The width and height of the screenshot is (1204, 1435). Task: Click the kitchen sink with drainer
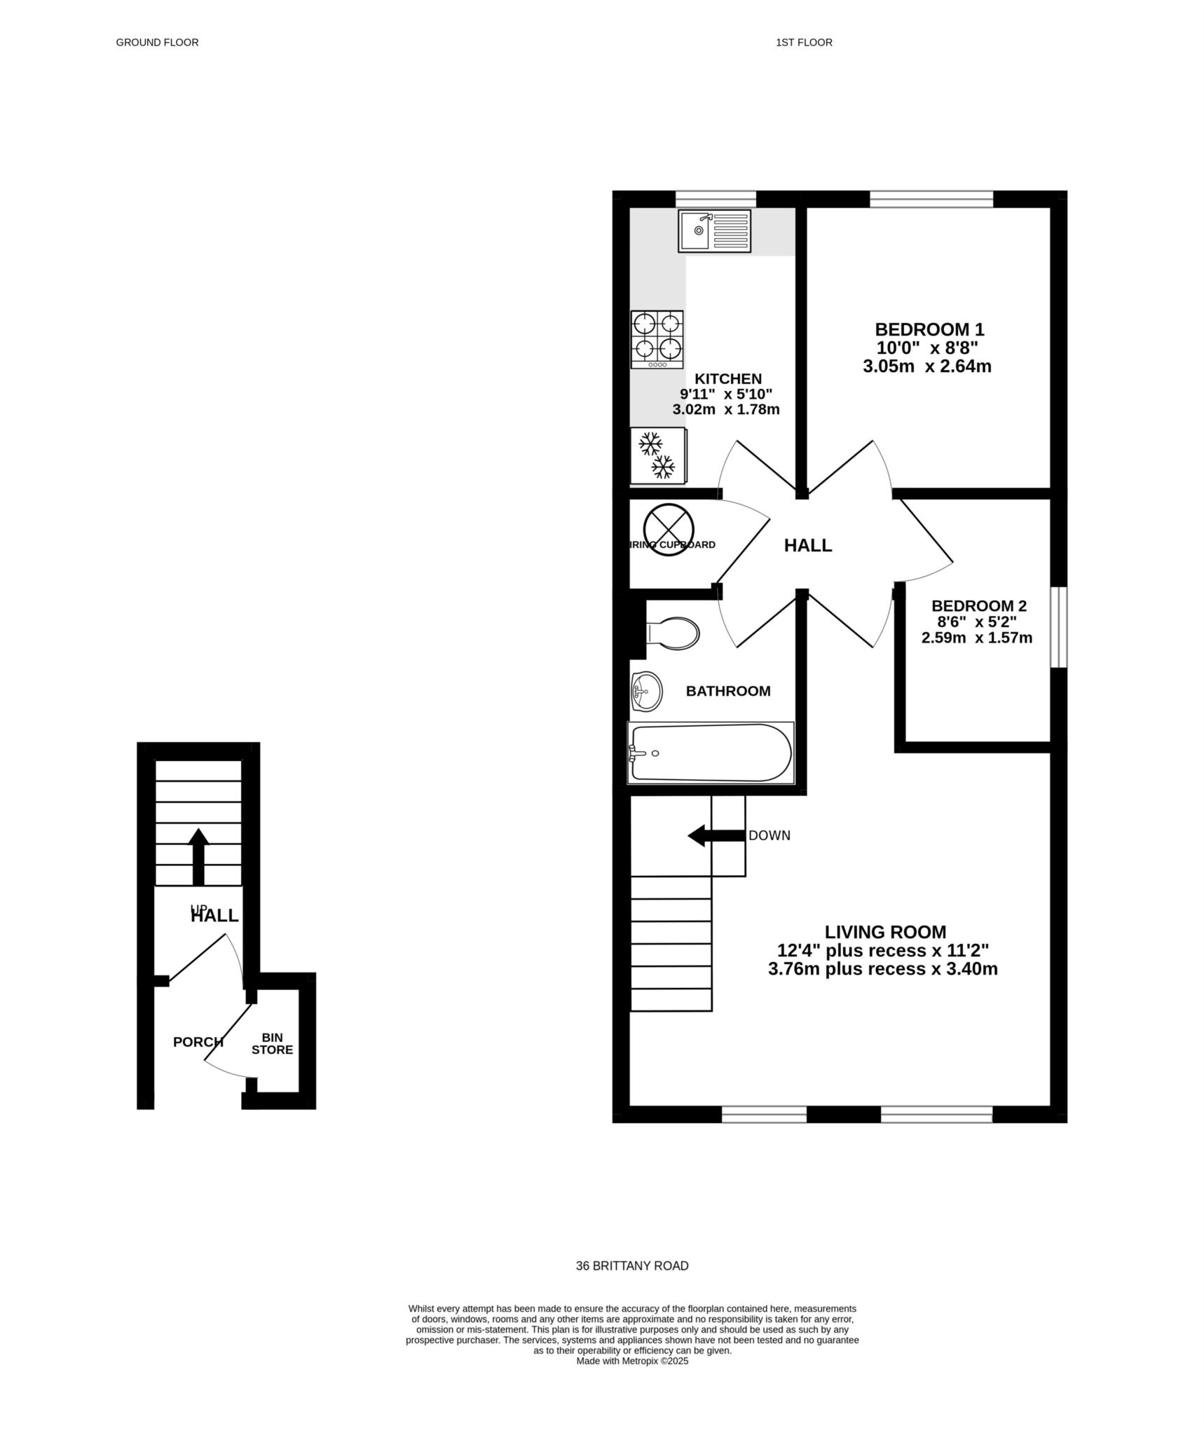coord(713,231)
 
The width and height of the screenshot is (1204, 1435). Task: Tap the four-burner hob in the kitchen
coord(657,339)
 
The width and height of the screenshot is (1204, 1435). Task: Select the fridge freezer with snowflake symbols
coord(657,455)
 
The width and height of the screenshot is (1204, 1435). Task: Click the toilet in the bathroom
coord(673,633)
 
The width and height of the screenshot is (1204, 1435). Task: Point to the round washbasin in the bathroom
coord(646,692)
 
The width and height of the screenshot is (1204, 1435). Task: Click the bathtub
coord(711,753)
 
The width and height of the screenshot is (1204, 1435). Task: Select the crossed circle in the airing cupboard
coord(668,530)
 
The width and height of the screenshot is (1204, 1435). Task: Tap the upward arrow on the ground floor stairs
coord(198,856)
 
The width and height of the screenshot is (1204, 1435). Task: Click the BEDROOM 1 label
coord(929,329)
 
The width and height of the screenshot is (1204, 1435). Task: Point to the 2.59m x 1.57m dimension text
coord(976,638)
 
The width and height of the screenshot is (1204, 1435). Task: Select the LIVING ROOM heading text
coord(884,932)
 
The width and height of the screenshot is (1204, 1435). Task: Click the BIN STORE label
coord(272,1043)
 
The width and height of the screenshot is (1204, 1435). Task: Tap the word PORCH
coord(198,1042)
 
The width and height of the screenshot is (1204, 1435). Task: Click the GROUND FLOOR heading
coord(157,43)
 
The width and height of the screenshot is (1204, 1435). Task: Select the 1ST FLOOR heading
coord(803,43)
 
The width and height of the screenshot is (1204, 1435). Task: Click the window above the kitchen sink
coord(716,199)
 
